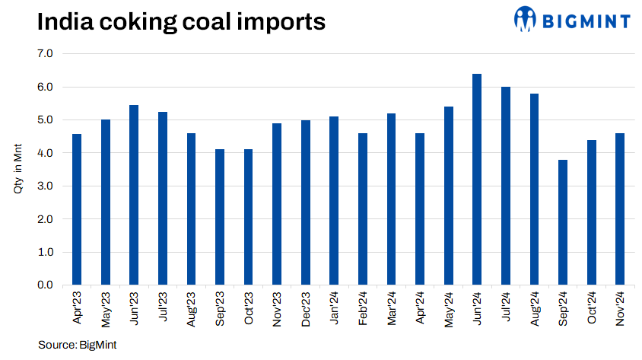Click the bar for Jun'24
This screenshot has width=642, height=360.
(x=477, y=180)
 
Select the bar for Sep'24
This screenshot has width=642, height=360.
(x=562, y=222)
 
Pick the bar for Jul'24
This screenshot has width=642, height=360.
(x=505, y=186)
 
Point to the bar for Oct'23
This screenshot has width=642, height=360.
(x=248, y=217)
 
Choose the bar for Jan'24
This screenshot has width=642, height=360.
(x=334, y=201)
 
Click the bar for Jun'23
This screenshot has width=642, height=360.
(x=134, y=195)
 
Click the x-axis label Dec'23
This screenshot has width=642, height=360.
(x=305, y=309)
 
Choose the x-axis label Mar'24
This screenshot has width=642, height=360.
(x=391, y=309)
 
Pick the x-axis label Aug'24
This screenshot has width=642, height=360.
(x=534, y=309)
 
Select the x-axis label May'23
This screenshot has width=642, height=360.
(x=105, y=309)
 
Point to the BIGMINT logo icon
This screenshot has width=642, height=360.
(x=525, y=20)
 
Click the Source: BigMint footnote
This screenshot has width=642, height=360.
(x=78, y=345)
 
